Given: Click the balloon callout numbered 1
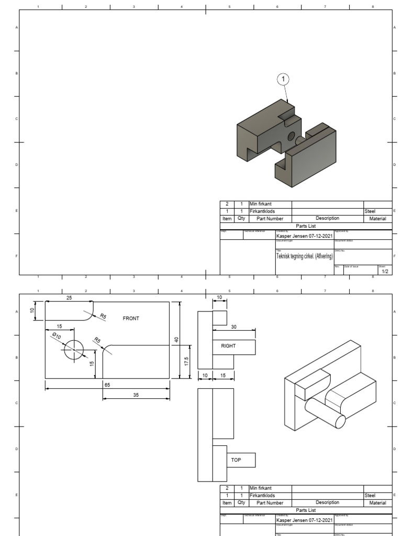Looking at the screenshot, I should (283, 79).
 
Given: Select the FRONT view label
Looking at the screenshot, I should (131, 318).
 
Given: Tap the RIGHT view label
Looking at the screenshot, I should (229, 346).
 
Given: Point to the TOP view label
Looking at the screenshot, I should (236, 460).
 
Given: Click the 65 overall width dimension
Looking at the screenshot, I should (107, 385).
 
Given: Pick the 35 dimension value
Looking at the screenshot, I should (136, 395).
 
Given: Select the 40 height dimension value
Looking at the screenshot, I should (177, 340).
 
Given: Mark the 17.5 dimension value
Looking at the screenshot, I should (187, 363).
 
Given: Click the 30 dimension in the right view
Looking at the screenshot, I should (233, 327).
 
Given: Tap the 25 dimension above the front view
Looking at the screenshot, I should (69, 297).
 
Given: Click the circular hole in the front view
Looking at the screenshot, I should (74, 349).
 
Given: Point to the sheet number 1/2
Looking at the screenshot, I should (384, 272).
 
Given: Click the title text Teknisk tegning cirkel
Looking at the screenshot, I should (304, 256).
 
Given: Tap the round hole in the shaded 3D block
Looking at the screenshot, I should (292, 137).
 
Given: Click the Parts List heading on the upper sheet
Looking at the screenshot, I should (306, 226).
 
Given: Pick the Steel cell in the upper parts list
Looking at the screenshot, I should (370, 211).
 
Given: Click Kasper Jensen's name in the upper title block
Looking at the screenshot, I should (304, 236).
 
